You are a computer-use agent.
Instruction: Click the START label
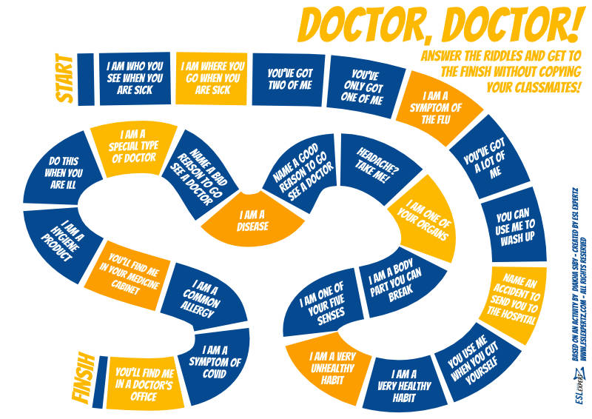point(64,78)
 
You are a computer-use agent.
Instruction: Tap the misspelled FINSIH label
point(83,379)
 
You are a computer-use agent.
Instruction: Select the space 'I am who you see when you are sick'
point(135,78)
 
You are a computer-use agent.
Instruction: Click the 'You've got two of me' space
point(289,79)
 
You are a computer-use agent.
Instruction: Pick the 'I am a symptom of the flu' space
point(438,107)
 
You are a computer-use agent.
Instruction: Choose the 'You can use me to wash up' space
point(514,227)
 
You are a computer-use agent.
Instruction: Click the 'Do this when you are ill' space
point(62,172)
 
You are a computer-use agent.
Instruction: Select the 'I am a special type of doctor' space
point(134,147)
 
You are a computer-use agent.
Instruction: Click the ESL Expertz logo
point(579,387)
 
